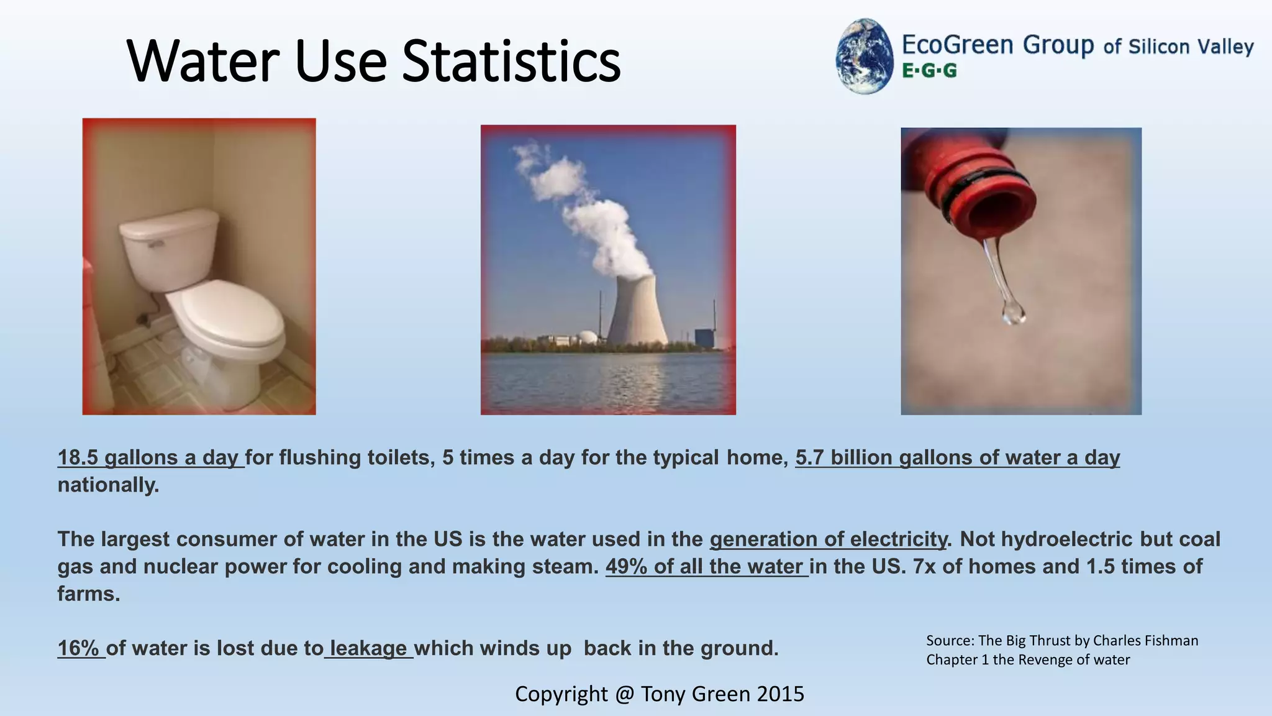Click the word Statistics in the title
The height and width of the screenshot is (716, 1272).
coord(511,61)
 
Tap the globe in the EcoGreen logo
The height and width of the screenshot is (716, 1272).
coord(864,57)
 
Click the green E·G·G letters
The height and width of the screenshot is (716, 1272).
coord(929,71)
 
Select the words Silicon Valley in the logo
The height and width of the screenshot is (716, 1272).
coord(1191,47)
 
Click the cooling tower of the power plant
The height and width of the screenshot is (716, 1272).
coord(636,311)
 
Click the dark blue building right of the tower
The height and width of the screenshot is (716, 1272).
coord(704,338)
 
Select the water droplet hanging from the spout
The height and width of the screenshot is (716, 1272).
coord(1012,311)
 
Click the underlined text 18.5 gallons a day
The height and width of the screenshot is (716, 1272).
coord(150,457)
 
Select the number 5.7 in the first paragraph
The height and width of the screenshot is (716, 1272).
coord(809,457)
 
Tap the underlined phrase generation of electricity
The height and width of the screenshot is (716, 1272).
coord(828,539)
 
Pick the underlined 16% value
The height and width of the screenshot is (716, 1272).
coord(79,648)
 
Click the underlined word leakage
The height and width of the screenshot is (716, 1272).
coord(368,648)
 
